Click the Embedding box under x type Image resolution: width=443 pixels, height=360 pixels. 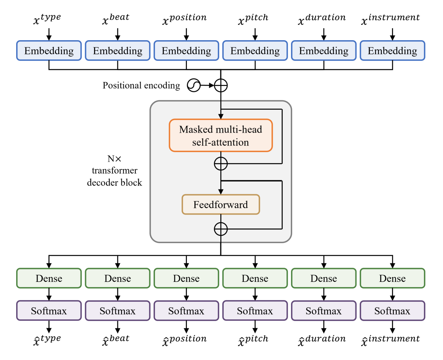[49, 51]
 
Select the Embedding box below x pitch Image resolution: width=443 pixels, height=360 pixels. [255, 51]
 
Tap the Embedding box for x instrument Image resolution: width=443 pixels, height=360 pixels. [392, 51]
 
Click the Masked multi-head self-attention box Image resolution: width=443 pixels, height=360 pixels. [220, 136]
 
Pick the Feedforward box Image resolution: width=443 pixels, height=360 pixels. [221, 204]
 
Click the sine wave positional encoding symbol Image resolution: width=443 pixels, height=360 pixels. [193, 86]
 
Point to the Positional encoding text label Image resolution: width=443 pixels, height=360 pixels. [141, 86]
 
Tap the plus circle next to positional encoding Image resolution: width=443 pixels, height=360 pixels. [221, 86]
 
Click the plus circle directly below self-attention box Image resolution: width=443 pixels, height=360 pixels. [221, 164]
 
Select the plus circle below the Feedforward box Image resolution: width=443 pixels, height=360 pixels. [221, 228]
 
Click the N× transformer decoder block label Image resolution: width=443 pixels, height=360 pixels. [114, 171]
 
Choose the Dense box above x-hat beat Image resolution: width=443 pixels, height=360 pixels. [118, 278]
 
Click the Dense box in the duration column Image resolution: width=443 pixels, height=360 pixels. [323, 278]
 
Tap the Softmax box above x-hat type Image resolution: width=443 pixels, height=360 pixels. [49, 311]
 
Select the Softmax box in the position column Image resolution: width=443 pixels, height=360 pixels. [186, 311]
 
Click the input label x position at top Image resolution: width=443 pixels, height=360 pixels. [184, 19]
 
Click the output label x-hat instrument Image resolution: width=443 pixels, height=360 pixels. [390, 340]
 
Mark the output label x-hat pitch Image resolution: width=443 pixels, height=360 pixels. [253, 340]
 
